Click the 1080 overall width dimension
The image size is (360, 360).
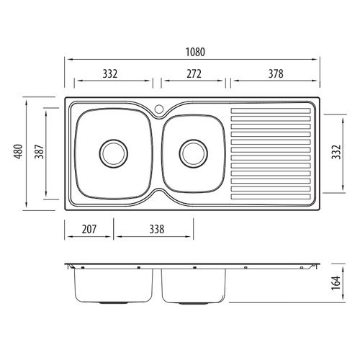[x=195, y=52]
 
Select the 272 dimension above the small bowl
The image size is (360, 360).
[x=194, y=74]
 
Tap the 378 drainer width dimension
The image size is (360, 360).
[x=276, y=74]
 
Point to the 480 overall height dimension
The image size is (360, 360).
[x=19, y=151]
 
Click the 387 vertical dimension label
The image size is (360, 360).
[x=40, y=151]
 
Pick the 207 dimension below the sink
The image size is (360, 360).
[x=89, y=229]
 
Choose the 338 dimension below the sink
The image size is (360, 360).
[x=157, y=229]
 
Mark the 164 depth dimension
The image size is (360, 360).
[x=336, y=283]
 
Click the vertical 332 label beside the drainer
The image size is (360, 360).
[x=336, y=152]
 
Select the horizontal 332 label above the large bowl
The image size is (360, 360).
[x=110, y=74]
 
